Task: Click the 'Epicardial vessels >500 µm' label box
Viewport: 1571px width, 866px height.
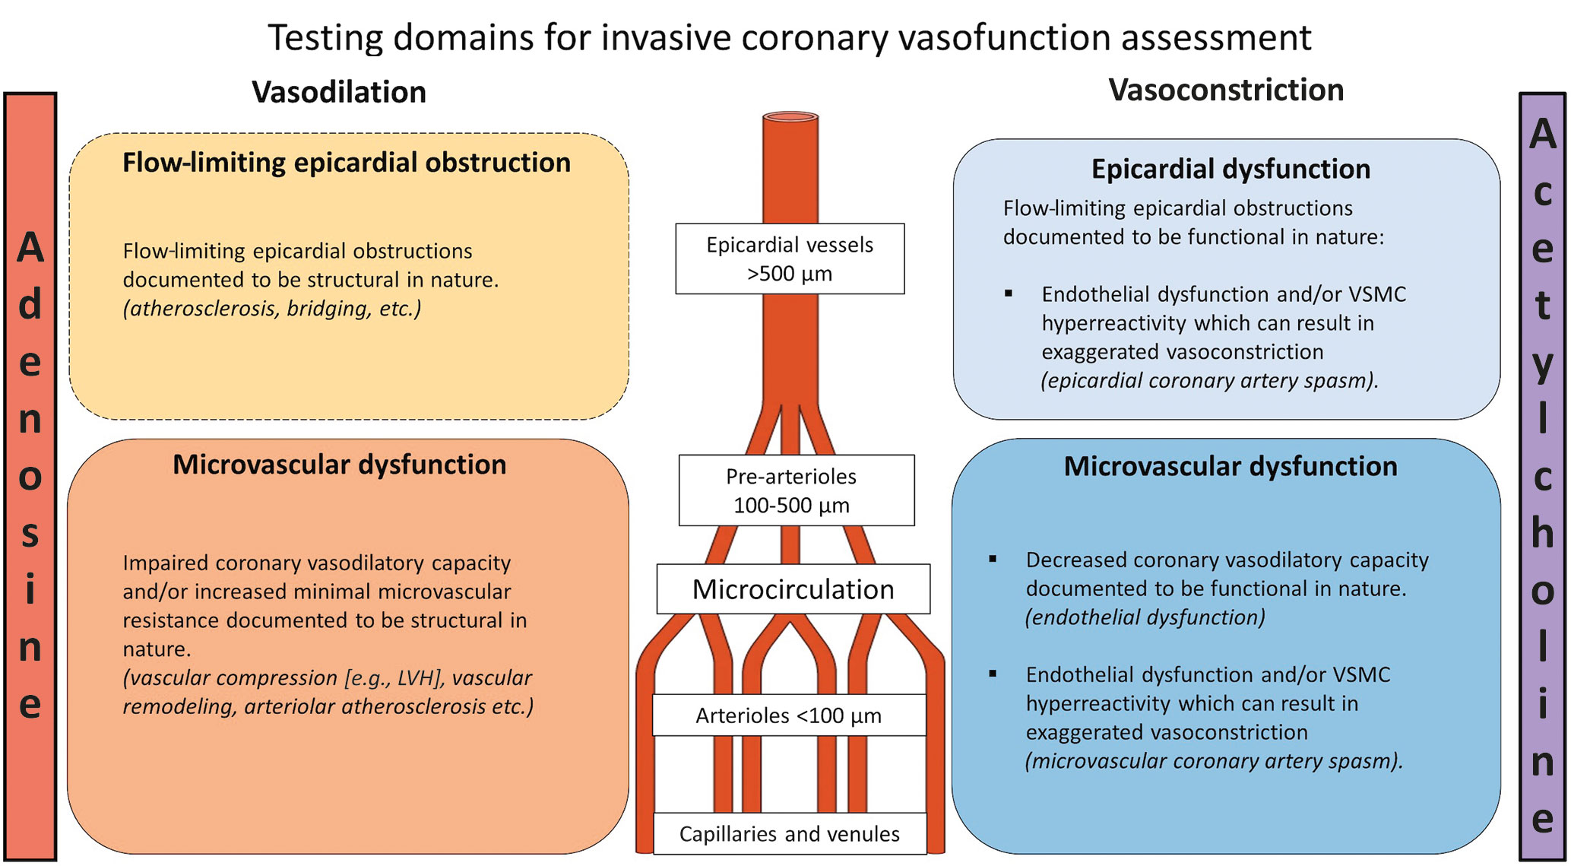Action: [x=790, y=259]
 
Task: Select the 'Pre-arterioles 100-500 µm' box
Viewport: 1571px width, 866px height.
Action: [x=796, y=490]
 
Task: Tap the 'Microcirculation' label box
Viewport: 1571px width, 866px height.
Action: [x=793, y=589]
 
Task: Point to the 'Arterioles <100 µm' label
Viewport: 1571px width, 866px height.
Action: [x=788, y=715]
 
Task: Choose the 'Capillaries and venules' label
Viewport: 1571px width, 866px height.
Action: [x=789, y=834]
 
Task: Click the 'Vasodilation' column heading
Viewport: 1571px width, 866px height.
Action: [x=339, y=92]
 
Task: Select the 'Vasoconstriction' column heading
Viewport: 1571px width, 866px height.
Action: [x=1226, y=90]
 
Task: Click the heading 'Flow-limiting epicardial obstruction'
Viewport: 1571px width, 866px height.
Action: [x=347, y=163]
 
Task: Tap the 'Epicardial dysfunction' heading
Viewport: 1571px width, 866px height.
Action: [x=1231, y=169]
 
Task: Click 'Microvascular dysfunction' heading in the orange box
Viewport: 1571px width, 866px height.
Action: [x=339, y=465]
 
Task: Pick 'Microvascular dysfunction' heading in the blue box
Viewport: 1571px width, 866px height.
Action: [x=1230, y=466]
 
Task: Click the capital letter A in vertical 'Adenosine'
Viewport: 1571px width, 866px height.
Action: [x=30, y=248]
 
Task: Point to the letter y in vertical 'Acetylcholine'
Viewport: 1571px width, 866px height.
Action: [x=1542, y=365]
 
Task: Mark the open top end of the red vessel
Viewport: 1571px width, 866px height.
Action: [x=790, y=117]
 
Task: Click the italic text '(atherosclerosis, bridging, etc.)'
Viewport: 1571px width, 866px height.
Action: [x=272, y=309]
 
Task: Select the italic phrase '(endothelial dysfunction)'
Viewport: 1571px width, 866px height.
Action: [x=1145, y=617]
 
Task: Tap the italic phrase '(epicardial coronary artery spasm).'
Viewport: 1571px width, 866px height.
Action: [x=1209, y=381]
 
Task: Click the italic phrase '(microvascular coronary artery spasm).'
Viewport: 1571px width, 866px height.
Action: [x=1214, y=761]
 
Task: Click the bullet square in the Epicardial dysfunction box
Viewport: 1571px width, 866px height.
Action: [x=1009, y=293]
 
